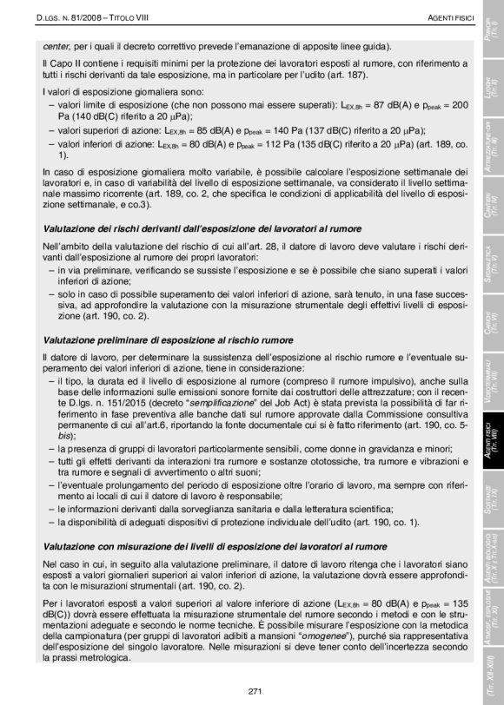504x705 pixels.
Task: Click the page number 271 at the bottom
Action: (x=255, y=690)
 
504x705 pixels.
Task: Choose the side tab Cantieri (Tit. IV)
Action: (x=492, y=205)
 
